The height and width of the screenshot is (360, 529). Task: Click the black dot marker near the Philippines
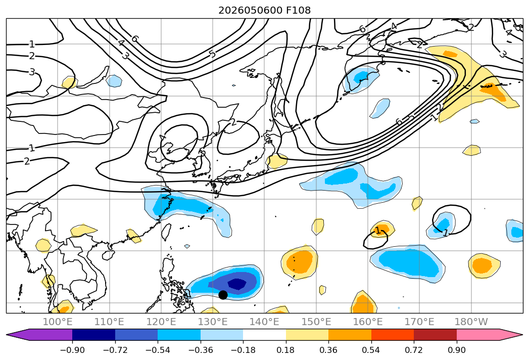point(223,295)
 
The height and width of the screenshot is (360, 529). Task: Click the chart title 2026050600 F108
point(265,11)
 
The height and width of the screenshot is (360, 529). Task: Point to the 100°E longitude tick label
point(58,322)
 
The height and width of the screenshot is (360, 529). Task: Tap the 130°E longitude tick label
point(213,322)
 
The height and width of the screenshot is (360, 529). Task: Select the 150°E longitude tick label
point(316,322)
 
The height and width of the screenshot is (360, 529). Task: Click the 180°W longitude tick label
point(471,322)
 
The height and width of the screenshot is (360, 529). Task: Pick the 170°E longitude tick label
point(419,322)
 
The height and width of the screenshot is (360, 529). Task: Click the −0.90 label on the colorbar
point(72,350)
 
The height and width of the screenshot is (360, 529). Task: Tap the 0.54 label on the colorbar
point(371,350)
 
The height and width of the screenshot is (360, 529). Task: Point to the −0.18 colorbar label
point(243,350)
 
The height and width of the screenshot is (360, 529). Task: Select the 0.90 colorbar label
point(456,350)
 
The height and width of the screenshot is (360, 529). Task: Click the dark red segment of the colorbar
point(435,335)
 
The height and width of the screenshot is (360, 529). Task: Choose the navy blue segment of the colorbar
point(94,335)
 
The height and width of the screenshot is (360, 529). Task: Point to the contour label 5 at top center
point(212,54)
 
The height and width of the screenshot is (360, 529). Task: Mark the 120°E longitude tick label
point(161,322)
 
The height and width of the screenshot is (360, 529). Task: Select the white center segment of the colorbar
point(265,335)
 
